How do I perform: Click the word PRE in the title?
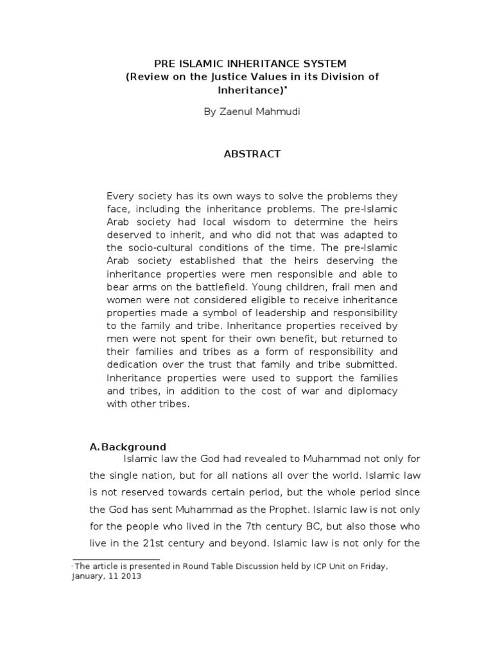pos(165,64)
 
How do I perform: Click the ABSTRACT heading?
pos(252,154)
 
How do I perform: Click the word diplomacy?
pos(375,392)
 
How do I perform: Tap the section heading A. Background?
pos(128,447)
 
